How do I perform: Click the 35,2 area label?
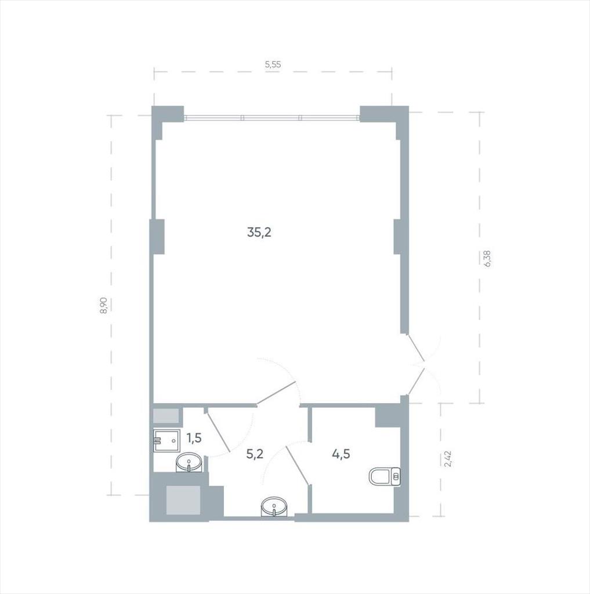click(x=259, y=232)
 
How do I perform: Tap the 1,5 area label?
click(x=194, y=438)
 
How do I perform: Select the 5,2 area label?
click(x=255, y=454)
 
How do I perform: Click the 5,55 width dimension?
click(x=273, y=64)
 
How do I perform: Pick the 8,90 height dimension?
click(x=104, y=305)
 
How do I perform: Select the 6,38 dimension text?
click(x=487, y=259)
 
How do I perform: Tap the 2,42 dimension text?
click(x=448, y=459)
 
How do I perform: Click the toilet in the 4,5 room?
click(x=385, y=477)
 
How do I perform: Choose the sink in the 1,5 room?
click(x=189, y=462)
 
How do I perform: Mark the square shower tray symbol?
click(x=167, y=441)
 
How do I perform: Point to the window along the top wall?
click(x=272, y=118)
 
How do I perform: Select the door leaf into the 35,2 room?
click(x=276, y=394)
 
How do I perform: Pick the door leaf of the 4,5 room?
click(x=298, y=465)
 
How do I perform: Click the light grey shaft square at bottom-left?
click(x=183, y=500)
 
